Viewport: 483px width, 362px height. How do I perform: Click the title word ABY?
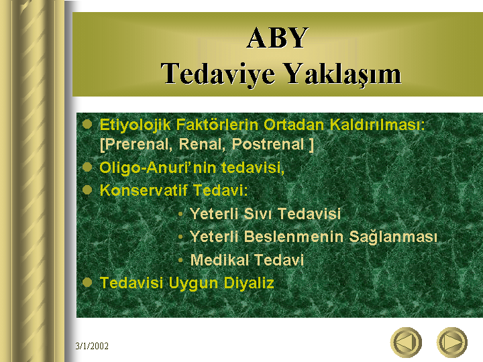(277, 38)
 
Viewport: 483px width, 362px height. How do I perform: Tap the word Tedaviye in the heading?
(218, 74)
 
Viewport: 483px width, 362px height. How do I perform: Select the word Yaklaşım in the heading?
(342, 74)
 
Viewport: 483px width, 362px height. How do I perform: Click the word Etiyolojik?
(136, 125)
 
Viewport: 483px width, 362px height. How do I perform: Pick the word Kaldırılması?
(377, 125)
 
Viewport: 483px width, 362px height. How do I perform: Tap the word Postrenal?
(268, 144)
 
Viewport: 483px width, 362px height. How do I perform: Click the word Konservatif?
(144, 190)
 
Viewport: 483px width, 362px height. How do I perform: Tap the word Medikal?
(219, 260)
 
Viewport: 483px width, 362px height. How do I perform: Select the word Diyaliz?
(249, 283)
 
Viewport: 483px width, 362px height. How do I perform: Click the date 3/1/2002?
(92, 346)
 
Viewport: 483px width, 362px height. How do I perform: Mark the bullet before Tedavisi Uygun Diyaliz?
(87, 282)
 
